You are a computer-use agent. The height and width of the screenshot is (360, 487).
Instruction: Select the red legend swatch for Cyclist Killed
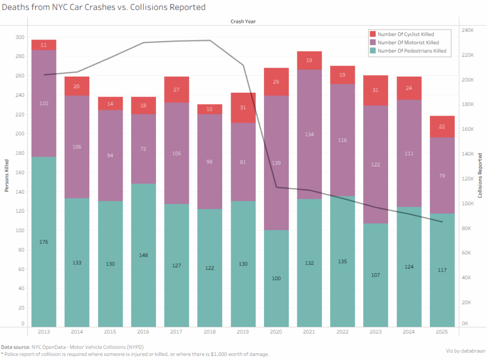pos(373,34)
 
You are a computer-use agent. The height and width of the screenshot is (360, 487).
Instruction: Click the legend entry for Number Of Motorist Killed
pos(408,42)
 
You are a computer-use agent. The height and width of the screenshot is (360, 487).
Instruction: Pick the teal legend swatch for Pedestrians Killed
pos(373,50)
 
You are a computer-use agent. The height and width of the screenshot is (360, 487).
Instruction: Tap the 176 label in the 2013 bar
pos(44,242)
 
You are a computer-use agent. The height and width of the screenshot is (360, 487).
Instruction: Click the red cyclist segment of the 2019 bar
pos(243,108)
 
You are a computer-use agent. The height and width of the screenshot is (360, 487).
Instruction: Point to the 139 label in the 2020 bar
pos(276,163)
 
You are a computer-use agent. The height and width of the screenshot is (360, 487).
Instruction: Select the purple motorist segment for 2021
pos(310,134)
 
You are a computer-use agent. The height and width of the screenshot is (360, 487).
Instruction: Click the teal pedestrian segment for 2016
pos(144,255)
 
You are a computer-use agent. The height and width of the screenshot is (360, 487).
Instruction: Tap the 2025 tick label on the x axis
pos(442,331)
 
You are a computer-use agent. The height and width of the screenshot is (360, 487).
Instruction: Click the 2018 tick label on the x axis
pos(210,331)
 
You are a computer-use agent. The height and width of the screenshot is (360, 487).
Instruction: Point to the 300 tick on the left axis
pos(19,37)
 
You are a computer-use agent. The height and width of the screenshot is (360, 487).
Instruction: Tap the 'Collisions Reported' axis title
pos(480,175)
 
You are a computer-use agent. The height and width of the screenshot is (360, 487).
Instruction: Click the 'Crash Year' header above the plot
pos(243,21)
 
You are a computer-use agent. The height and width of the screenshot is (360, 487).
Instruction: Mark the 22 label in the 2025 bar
pos(442,126)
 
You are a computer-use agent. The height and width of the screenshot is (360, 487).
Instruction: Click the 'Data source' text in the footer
pos(16,347)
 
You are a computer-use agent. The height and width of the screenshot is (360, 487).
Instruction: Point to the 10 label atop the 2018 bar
pos(210,109)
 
